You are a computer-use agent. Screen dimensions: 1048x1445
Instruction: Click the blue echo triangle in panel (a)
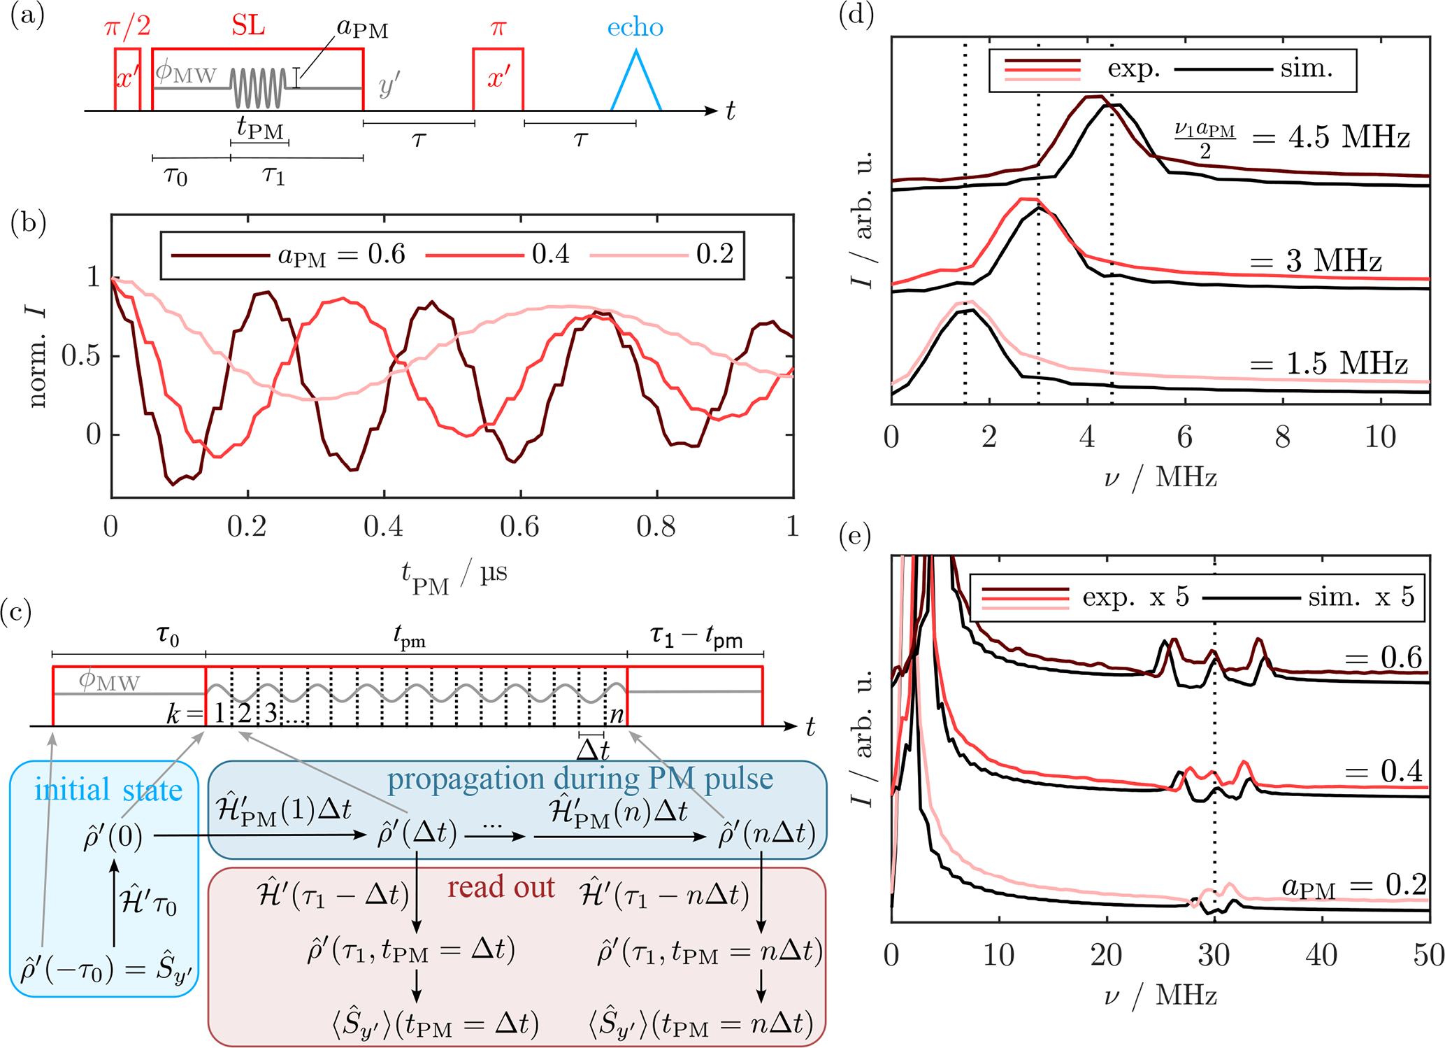636,84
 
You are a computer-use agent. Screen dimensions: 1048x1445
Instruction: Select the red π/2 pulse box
128,78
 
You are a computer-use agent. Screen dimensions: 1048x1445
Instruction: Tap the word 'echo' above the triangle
635,27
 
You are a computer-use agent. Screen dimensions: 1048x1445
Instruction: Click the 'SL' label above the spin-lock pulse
248,27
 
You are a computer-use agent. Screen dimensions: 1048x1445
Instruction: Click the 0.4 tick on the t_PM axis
383,527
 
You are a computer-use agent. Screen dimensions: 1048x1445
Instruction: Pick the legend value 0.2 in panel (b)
714,254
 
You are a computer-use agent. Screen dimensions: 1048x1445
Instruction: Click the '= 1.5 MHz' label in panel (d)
1328,364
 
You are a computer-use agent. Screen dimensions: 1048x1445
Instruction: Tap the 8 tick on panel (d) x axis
1282,437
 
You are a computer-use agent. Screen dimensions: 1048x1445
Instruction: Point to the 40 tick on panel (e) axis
1321,955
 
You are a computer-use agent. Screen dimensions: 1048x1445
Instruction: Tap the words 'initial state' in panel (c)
108,790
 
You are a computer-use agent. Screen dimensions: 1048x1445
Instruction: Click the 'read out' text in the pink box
501,887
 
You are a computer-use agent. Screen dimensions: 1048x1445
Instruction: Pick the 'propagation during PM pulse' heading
580,779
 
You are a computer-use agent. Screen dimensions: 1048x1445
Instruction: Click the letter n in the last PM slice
616,715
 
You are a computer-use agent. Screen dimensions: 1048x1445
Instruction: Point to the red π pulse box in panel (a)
498,78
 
